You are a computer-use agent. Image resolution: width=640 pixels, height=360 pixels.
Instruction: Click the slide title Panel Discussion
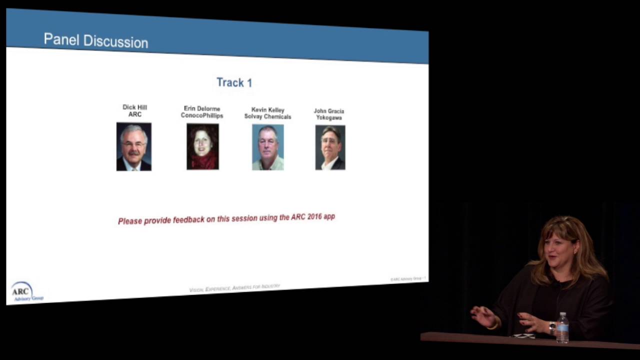[x=95, y=40]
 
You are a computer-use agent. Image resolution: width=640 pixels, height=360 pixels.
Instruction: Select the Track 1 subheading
[x=234, y=82]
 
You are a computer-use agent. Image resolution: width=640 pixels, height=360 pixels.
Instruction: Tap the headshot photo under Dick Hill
[x=134, y=146]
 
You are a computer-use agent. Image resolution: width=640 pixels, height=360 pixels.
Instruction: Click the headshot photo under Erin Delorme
[x=202, y=146]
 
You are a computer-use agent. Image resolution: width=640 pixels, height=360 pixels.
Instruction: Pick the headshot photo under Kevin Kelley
[x=267, y=147]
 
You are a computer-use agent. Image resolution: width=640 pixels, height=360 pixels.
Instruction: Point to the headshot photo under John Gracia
[x=330, y=147]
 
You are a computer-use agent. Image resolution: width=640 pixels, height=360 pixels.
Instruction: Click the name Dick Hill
[x=135, y=107]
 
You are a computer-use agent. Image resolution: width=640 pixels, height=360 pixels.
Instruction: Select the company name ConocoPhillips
[x=202, y=116]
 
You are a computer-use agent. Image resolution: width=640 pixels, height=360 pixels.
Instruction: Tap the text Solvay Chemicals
[x=267, y=117]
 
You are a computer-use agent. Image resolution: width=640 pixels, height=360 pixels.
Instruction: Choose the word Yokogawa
[x=329, y=118]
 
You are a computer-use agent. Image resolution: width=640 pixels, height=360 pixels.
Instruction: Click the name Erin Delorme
[x=202, y=108]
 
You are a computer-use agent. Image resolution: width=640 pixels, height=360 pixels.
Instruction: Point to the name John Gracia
[x=329, y=111]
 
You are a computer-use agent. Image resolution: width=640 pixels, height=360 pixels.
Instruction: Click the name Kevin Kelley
[x=267, y=110]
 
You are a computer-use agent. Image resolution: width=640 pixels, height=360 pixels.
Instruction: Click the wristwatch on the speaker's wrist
[x=552, y=328]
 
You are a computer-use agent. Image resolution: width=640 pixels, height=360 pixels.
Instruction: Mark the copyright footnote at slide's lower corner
[x=408, y=278]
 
